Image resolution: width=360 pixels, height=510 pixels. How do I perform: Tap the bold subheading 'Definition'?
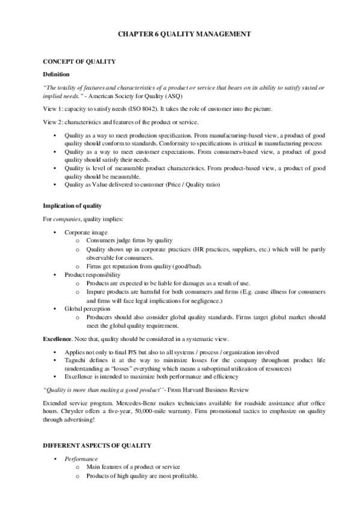tap(56, 74)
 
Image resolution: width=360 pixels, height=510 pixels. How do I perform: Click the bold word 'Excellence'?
tap(58, 339)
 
